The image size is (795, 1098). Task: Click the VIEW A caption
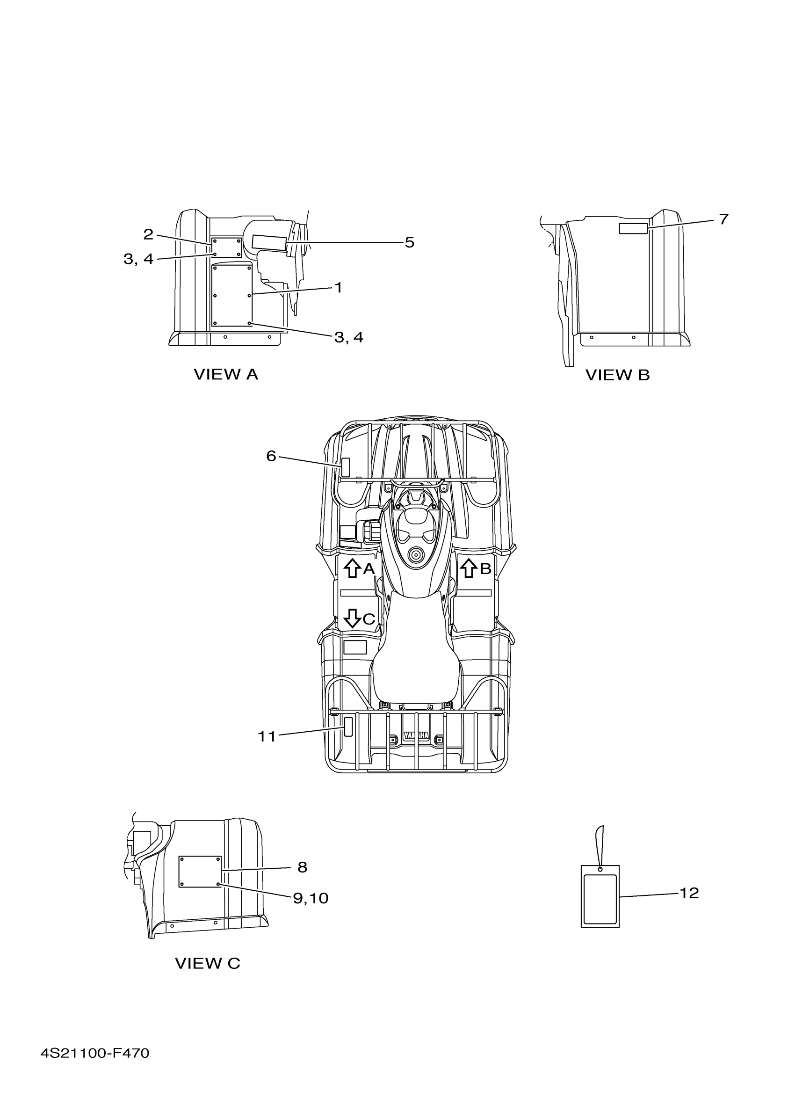pyautogui.click(x=225, y=374)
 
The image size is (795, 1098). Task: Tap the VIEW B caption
pyautogui.click(x=617, y=375)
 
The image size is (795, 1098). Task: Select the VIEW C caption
pyautogui.click(x=207, y=963)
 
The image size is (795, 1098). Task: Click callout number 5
pyautogui.click(x=409, y=242)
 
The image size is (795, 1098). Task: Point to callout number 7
pyautogui.click(x=723, y=219)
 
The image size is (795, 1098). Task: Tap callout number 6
pyautogui.click(x=271, y=456)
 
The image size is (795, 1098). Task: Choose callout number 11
pyautogui.click(x=267, y=736)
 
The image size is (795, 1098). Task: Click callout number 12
pyautogui.click(x=689, y=893)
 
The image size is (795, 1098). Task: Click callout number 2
pyautogui.click(x=148, y=235)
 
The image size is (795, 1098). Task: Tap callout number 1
pyautogui.click(x=339, y=288)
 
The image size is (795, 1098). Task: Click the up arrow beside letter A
pyautogui.click(x=352, y=568)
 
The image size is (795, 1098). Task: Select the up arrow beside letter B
pyautogui.click(x=468, y=568)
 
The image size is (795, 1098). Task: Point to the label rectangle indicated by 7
pyautogui.click(x=633, y=229)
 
